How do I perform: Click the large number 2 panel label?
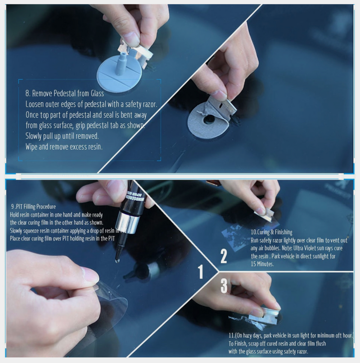224,255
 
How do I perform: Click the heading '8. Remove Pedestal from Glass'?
65,94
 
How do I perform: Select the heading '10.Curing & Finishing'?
271,232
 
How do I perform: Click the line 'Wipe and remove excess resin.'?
64,146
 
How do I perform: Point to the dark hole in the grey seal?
209,120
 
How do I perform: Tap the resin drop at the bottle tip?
117,260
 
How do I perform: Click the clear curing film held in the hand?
108,297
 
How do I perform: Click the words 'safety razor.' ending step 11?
291,351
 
